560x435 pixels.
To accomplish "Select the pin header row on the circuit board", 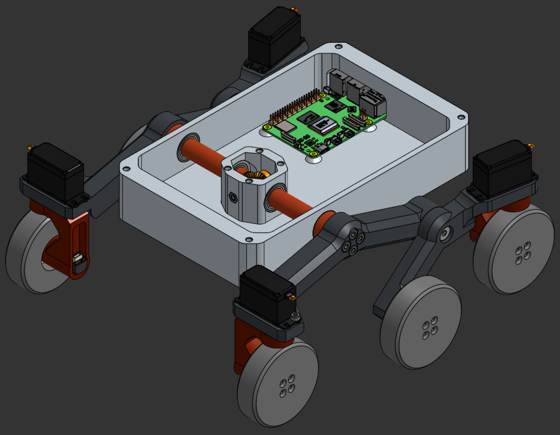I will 294,107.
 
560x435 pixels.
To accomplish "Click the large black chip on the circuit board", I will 323,126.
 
